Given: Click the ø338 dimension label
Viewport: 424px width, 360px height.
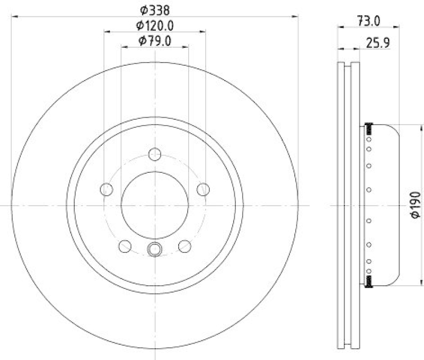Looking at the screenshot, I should (x=155, y=9).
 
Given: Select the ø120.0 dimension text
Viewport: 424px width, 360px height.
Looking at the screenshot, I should (x=155, y=25).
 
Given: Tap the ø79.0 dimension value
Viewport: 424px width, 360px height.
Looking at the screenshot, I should (x=155, y=41).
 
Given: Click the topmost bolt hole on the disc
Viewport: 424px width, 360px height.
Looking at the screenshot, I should (x=155, y=155).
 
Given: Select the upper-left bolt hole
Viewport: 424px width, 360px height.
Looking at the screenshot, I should (x=107, y=189).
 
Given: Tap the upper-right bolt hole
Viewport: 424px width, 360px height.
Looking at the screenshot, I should (x=202, y=189).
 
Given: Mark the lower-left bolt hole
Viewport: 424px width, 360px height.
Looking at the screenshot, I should (x=125, y=245).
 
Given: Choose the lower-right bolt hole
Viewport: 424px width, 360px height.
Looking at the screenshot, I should (x=184, y=245).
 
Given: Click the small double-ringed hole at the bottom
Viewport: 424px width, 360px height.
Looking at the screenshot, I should (x=155, y=248).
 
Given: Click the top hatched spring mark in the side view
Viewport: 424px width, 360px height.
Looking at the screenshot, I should (x=369, y=128).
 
